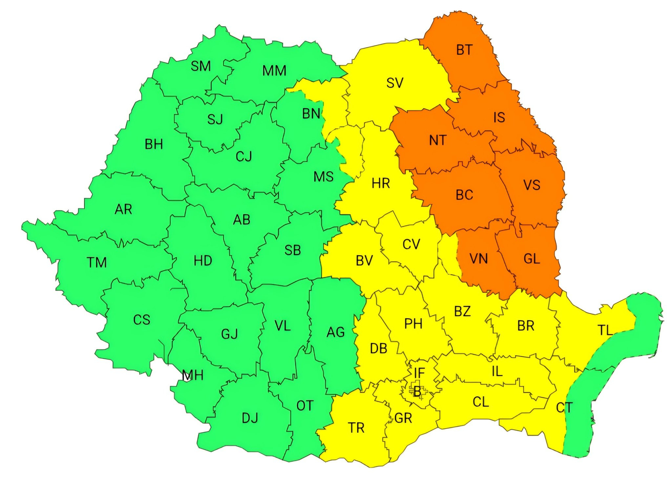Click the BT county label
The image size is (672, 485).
pyautogui.click(x=464, y=50)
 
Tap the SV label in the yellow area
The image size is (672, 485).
pyautogui.click(x=394, y=83)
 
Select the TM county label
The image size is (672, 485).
pyautogui.click(x=97, y=263)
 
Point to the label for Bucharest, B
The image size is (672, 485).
pyautogui.click(x=417, y=392)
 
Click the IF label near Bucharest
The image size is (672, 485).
pyautogui.click(x=419, y=373)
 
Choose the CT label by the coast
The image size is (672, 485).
pyautogui.click(x=564, y=408)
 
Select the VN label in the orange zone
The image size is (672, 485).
pyautogui.click(x=478, y=259)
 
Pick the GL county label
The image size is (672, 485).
pyautogui.click(x=532, y=259)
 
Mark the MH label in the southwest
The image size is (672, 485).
pyautogui.click(x=193, y=375)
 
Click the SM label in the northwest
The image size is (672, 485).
pyautogui.click(x=200, y=66)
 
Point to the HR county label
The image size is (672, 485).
pyautogui.click(x=381, y=183)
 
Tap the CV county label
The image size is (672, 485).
pyautogui.click(x=411, y=244)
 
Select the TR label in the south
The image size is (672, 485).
pyautogui.click(x=356, y=428)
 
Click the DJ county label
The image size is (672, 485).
pyautogui.click(x=250, y=418)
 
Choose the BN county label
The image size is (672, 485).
pyautogui.click(x=311, y=114)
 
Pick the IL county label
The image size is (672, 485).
pyautogui.click(x=497, y=371)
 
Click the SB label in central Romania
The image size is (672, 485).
pyautogui.click(x=292, y=250)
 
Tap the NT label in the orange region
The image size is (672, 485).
pyautogui.click(x=437, y=140)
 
